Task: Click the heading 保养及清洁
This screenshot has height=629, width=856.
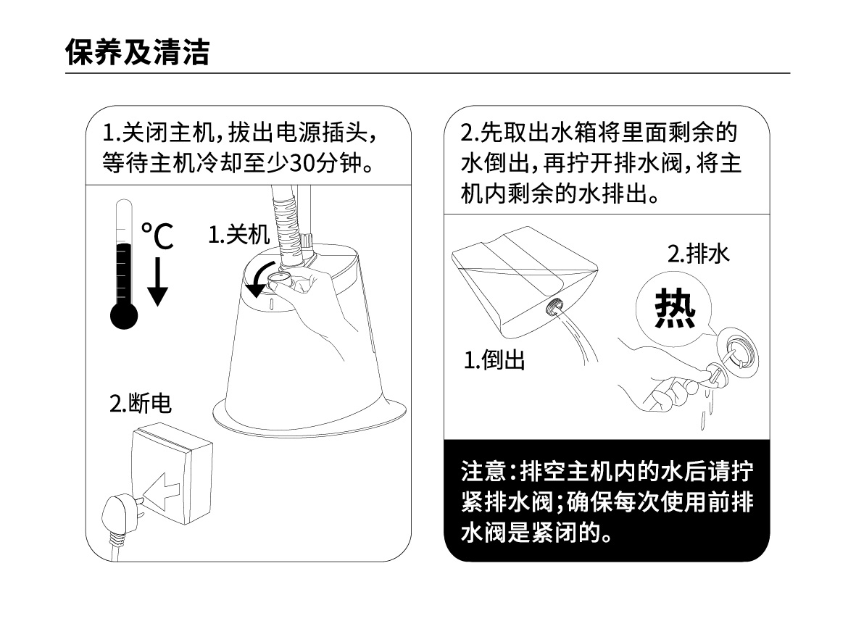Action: click(137, 52)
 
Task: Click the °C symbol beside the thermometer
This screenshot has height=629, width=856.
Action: click(157, 236)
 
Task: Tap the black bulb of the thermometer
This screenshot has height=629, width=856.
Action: click(124, 316)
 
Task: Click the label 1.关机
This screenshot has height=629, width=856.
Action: click(239, 235)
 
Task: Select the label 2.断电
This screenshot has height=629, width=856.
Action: click(141, 404)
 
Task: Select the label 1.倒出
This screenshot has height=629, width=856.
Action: click(494, 360)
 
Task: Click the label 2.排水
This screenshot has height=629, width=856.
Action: click(698, 254)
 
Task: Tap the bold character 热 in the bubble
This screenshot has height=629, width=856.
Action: click(675, 309)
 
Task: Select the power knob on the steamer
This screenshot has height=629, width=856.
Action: click(279, 281)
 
